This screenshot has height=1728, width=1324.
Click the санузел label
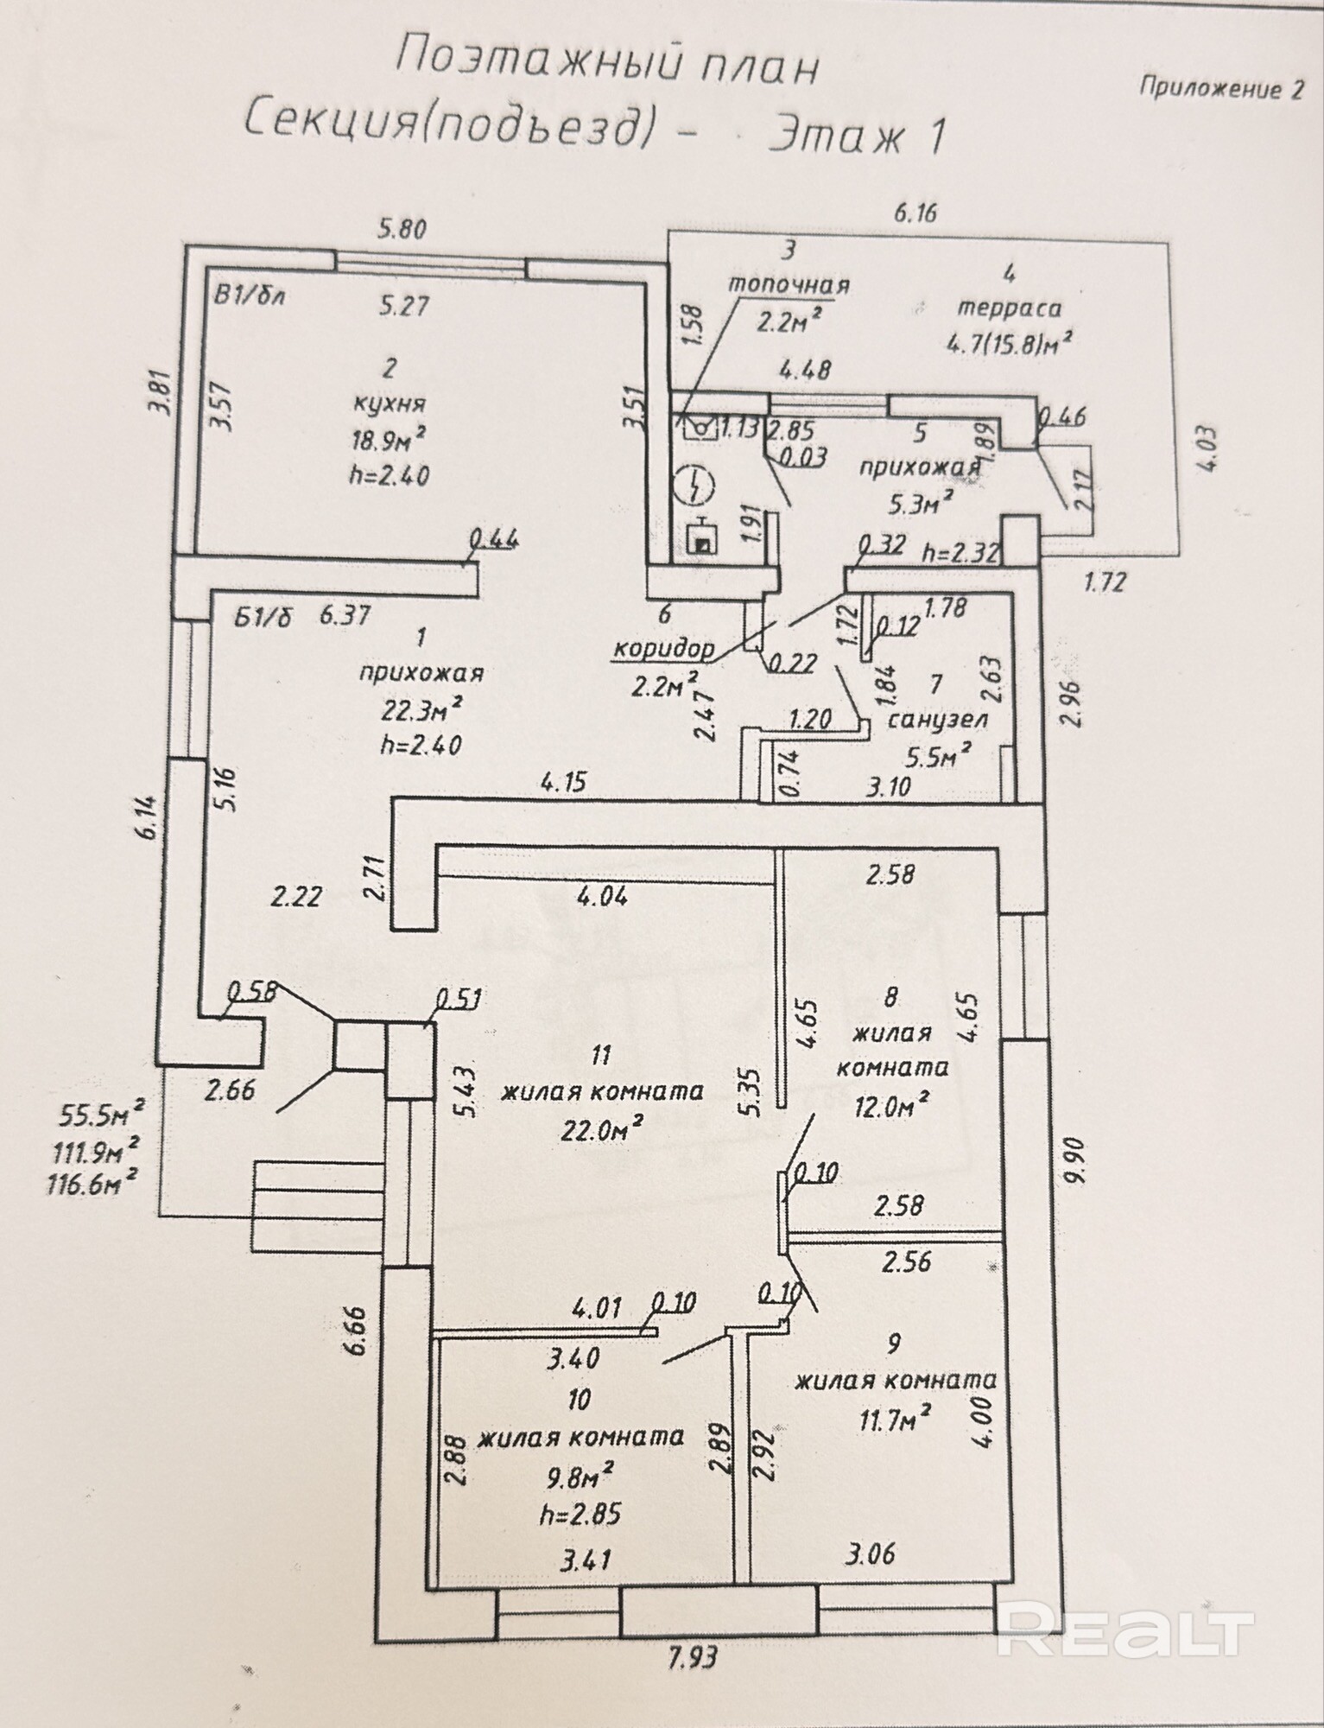938,719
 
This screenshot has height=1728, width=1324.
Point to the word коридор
663,648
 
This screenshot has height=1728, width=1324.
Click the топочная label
789,284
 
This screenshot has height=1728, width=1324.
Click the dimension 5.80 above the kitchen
402,230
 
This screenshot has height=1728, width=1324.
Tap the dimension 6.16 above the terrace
915,212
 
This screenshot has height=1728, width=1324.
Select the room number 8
891,997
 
